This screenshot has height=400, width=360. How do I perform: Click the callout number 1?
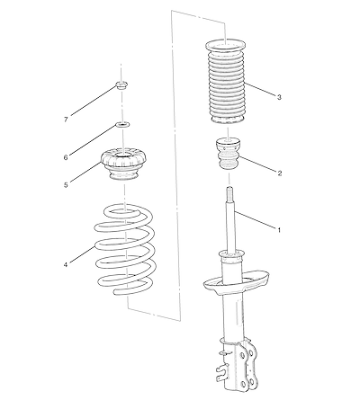pos(279,230)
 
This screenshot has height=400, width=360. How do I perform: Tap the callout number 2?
pos(280,173)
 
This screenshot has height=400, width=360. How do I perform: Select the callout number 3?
pos(279,97)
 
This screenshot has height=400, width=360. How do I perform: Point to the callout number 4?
pos(66,265)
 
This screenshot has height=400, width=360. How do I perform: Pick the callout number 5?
pos(66,185)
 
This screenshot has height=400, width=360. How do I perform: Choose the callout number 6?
pos(66,157)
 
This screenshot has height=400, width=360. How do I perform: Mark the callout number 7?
pos(66,120)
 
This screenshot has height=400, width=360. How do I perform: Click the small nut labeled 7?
pos(121,85)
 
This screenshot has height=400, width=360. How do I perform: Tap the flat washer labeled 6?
pos(122,124)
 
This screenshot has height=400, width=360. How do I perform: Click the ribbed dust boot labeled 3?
pos(226,82)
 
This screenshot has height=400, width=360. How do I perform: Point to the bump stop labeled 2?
pos(229,155)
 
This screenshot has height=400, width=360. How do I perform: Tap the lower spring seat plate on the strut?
pos(236,283)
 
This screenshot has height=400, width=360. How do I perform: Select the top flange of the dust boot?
pos(226,46)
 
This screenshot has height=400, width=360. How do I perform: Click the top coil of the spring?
pos(123,212)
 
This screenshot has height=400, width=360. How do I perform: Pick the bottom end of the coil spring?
pos(118,292)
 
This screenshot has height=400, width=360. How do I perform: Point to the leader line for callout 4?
pos(82,255)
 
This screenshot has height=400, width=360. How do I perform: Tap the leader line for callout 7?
pos(94,101)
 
